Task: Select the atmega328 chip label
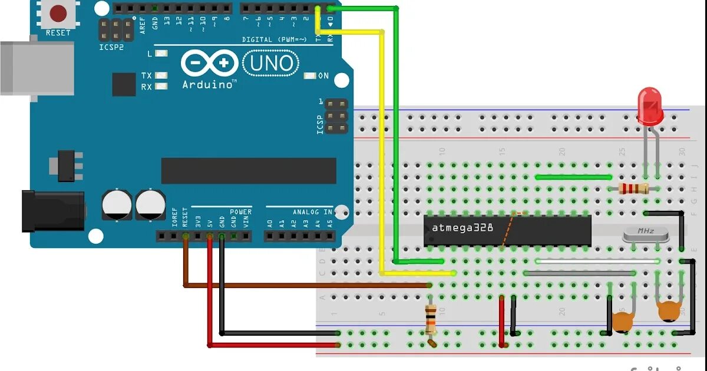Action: point(462,227)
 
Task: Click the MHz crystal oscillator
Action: point(645,234)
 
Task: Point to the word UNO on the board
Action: point(272,62)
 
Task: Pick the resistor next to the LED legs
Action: point(631,188)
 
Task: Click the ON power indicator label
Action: point(323,76)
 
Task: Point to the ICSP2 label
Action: point(111,47)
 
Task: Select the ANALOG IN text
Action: point(312,212)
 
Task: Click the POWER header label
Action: point(240,212)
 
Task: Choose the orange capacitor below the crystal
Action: point(668,310)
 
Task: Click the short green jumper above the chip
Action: point(573,177)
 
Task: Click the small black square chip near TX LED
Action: point(124,84)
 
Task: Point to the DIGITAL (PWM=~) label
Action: point(274,39)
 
